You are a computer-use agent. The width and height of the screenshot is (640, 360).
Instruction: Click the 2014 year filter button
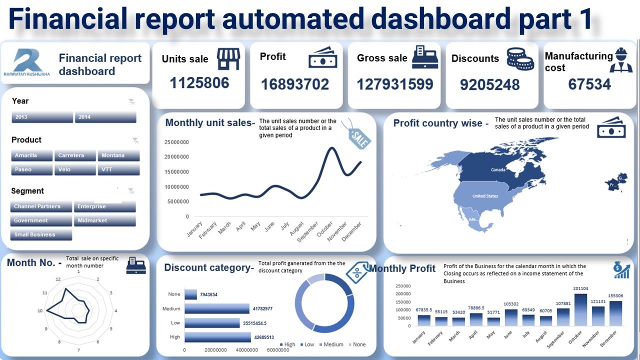pos(105,117)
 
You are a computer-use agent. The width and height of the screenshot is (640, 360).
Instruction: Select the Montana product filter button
pos(118,155)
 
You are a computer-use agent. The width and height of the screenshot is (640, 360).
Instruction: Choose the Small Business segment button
pos(41,234)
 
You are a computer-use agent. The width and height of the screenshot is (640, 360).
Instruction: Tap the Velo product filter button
pos(75,169)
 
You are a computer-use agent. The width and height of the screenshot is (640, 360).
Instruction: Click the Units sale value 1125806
pos(199,82)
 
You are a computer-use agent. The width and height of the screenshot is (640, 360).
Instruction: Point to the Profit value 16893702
pos(295,84)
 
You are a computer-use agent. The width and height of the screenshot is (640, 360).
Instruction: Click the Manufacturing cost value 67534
pos(589,84)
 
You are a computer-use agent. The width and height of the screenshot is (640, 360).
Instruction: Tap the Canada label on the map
pos(498,170)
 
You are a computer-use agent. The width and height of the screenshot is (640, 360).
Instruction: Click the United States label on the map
pos(485,196)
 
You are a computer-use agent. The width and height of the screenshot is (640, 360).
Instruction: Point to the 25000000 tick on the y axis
pos(176,142)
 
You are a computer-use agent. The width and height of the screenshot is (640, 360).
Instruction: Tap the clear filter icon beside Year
pos(131,101)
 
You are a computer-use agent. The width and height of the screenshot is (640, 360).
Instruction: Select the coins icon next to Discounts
pos(520,59)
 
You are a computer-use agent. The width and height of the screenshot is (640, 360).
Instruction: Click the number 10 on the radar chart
pos(40,311)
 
